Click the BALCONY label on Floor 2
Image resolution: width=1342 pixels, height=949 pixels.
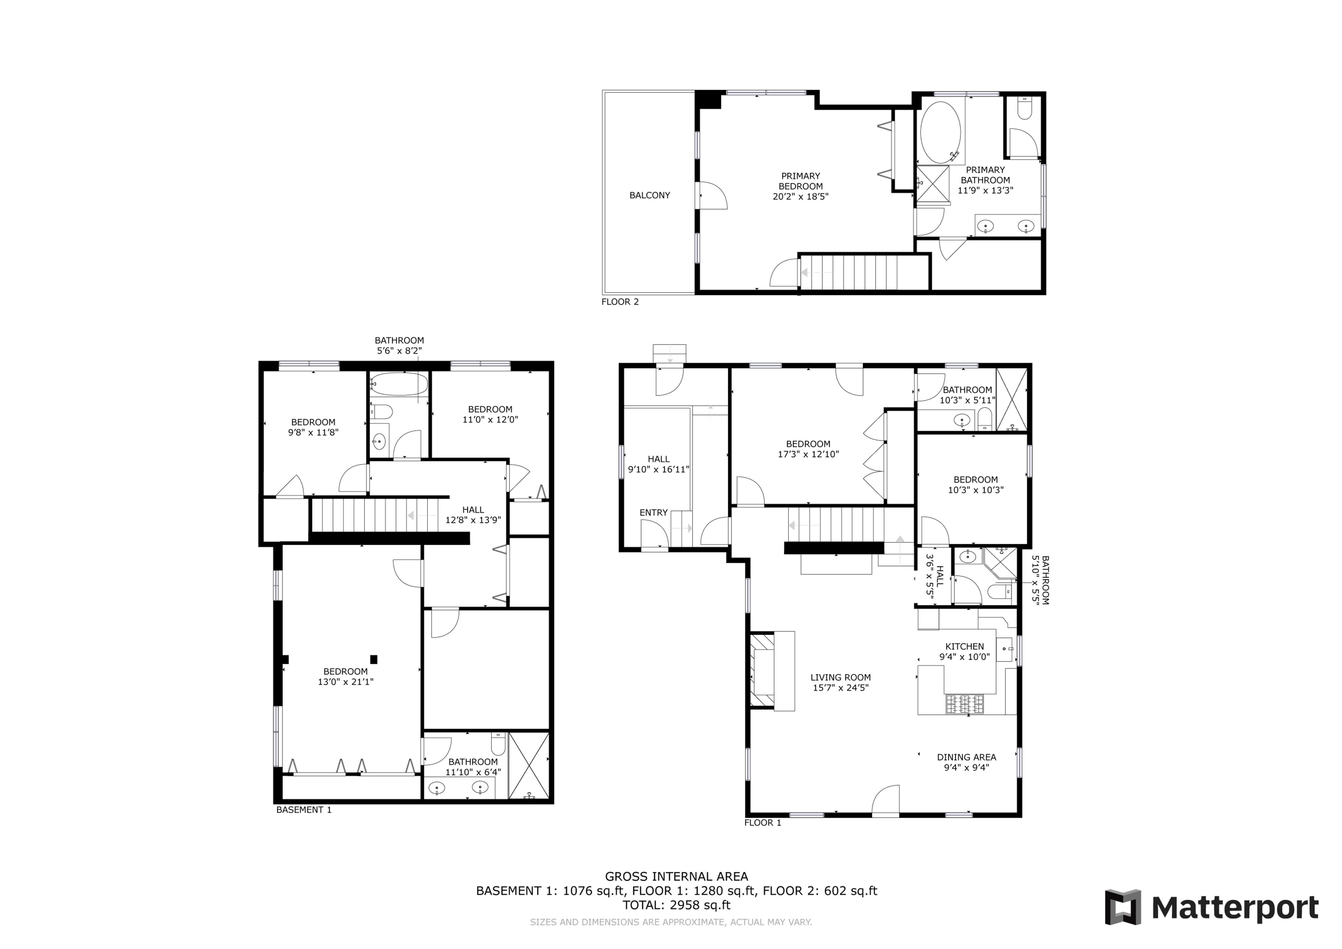[x=649, y=195]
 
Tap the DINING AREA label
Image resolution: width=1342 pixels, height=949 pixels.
[x=966, y=757]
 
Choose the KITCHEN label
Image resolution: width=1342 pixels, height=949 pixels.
[x=965, y=647]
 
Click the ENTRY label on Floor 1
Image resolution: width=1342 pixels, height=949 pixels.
[x=654, y=513]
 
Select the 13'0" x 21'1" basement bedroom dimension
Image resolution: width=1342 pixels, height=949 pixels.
[x=345, y=682]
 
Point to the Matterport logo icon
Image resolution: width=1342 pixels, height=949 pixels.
[x=1123, y=907]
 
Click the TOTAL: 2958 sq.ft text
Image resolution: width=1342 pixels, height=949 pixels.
[x=676, y=905]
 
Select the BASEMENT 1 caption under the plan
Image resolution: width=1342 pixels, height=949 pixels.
[x=304, y=810]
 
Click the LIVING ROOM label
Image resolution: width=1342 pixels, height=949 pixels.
[x=840, y=678]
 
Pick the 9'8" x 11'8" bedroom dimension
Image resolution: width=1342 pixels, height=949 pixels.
[x=313, y=433]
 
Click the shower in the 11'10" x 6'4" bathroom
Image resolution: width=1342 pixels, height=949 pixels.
[x=529, y=765]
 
